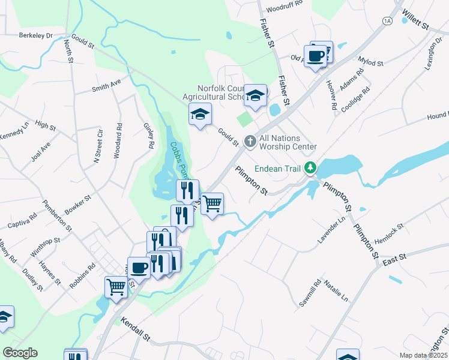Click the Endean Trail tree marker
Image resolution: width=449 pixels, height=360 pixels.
coord(310,168)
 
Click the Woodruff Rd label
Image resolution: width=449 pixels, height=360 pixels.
coord(285,9)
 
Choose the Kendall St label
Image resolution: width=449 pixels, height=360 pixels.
coord(135,329)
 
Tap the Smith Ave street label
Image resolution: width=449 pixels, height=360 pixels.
coord(106,86)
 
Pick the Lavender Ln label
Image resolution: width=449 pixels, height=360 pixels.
coord(333,230)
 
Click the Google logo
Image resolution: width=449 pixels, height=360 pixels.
coord(20,352)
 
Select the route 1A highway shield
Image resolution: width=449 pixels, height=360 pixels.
coord(387,20)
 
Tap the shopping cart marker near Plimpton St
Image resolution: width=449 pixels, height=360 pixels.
coord(212,204)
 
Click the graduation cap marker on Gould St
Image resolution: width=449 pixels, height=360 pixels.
coord(200,114)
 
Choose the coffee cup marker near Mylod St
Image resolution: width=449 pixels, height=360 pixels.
coord(315,56)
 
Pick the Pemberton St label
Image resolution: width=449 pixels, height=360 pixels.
coord(58,217)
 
